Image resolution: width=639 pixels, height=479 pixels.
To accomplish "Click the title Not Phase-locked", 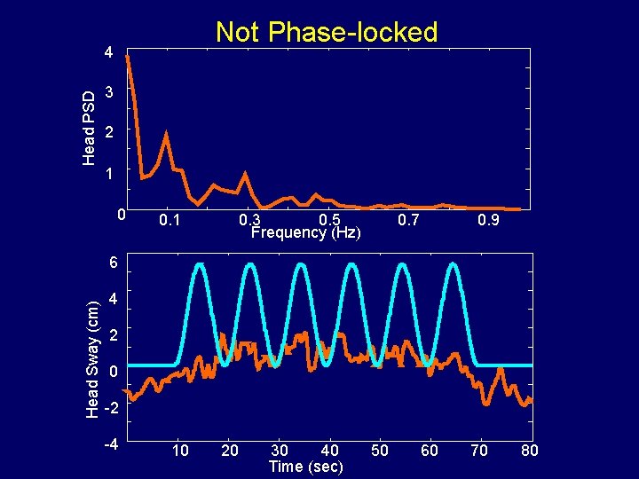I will (x=327, y=33).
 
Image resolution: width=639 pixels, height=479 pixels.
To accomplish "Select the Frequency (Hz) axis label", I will (x=305, y=233).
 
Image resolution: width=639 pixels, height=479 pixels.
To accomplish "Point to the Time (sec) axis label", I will (x=305, y=467).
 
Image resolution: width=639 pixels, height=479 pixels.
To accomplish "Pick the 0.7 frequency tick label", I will (x=409, y=219).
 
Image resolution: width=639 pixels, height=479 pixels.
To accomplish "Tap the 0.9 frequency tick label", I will (x=488, y=219).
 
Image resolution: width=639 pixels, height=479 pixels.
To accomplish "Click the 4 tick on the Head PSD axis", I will (x=107, y=52).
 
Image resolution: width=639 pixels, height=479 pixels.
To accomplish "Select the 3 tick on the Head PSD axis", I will (x=107, y=93).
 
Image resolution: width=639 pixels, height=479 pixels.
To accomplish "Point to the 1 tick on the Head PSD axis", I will (x=107, y=174).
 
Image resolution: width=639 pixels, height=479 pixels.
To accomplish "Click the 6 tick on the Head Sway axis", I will (x=111, y=263).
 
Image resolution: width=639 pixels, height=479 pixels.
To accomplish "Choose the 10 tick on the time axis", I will (x=180, y=451).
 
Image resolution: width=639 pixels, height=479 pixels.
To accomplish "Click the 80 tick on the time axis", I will (x=529, y=451).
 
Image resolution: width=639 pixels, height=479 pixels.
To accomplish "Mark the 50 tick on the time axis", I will (x=380, y=451).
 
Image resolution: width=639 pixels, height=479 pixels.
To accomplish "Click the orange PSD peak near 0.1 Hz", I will (x=166, y=135).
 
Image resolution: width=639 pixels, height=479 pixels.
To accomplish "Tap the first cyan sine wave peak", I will (x=200, y=264).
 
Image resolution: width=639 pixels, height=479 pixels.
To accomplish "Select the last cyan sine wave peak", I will (x=454, y=264).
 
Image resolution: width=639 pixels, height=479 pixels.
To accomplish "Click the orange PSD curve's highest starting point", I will (x=128, y=57).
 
